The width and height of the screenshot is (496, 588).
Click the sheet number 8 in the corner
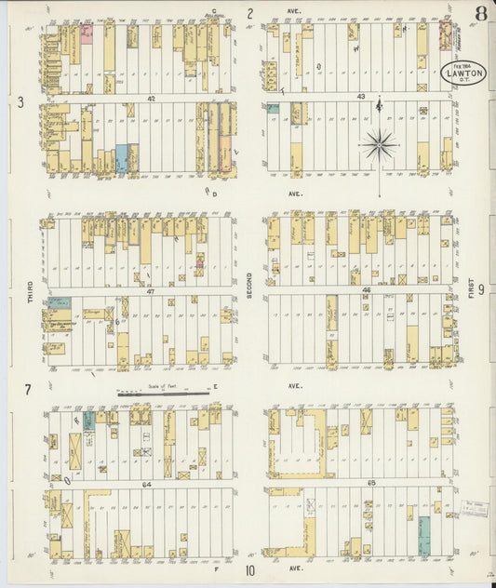click(479, 13)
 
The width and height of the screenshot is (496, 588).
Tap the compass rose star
click(380, 144)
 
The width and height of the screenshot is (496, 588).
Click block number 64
click(146, 484)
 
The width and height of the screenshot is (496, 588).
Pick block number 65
click(359, 484)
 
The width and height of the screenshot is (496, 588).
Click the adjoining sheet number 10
click(249, 571)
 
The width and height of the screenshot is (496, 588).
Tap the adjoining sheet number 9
click(480, 289)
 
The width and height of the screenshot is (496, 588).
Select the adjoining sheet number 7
click(29, 388)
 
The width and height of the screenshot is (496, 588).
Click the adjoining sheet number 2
click(249, 13)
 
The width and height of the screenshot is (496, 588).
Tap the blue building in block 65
click(423, 537)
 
